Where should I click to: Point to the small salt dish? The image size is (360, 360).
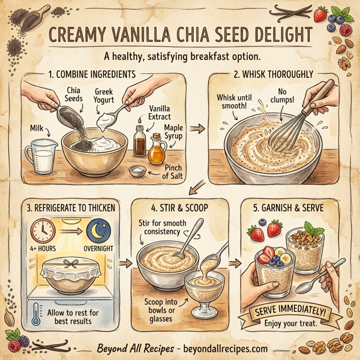[137, 172]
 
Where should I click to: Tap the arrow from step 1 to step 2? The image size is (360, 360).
[196, 128]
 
